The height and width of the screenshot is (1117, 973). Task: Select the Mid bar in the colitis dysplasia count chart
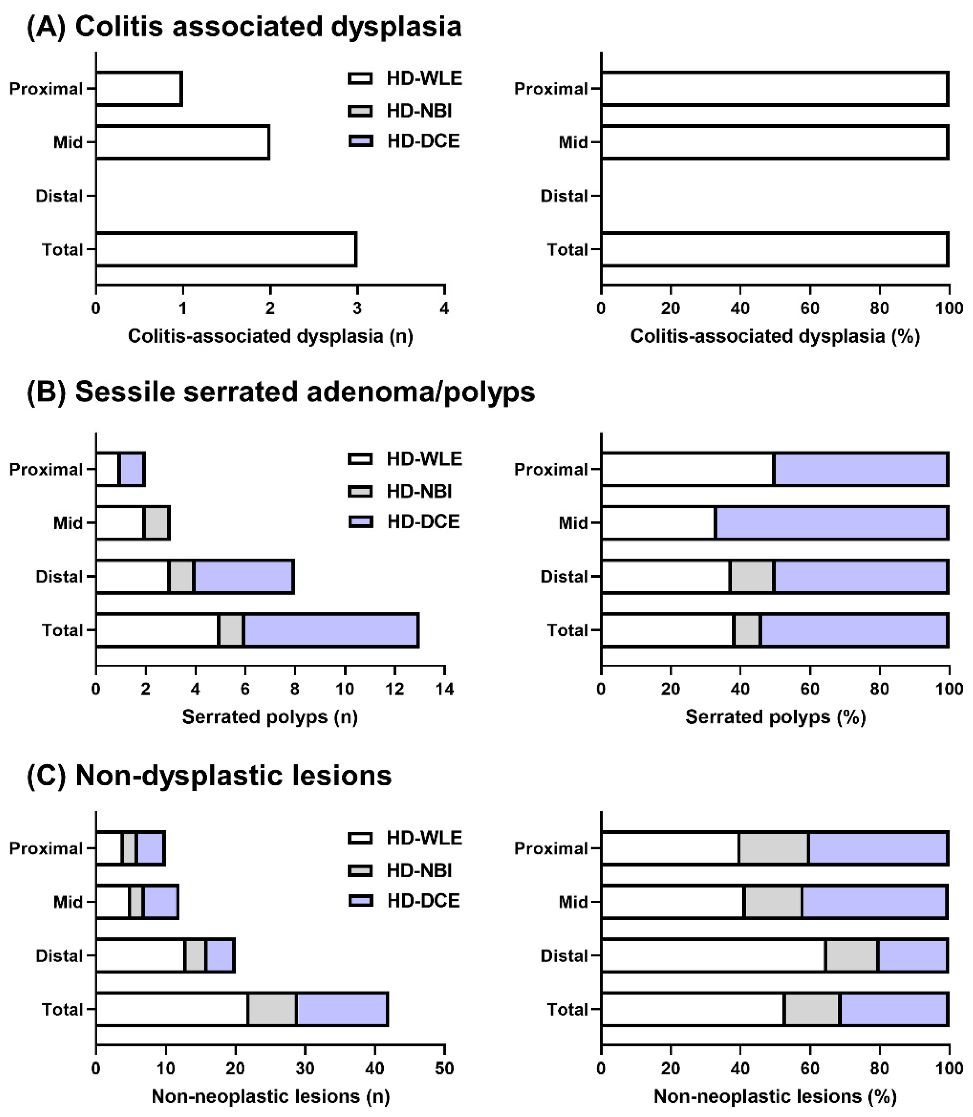(x=183, y=142)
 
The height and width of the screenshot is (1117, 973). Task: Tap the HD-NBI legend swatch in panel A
(x=360, y=111)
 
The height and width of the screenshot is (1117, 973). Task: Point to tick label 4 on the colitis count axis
(x=444, y=308)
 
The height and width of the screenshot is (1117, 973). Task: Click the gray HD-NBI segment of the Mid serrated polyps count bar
(x=157, y=523)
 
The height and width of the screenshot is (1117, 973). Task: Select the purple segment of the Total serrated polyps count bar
(x=331, y=630)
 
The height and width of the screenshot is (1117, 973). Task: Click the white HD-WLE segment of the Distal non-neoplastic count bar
(x=140, y=956)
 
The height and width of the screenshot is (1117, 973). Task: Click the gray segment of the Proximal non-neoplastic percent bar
(x=774, y=848)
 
